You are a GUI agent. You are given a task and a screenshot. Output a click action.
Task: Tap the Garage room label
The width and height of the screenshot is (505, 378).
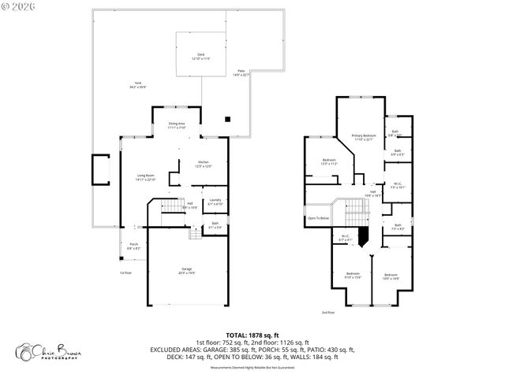click(x=186, y=270)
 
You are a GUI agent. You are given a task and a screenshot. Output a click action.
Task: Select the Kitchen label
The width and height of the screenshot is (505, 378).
click(x=204, y=164)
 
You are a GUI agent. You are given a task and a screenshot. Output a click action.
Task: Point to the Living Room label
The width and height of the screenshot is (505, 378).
click(x=146, y=177)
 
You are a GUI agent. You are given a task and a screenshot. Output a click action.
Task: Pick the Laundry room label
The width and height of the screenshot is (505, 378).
click(x=214, y=202)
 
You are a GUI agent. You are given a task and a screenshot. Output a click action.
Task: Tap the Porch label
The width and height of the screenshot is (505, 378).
click(x=133, y=246)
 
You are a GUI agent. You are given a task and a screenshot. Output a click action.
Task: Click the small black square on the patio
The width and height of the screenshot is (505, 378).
click(x=228, y=120)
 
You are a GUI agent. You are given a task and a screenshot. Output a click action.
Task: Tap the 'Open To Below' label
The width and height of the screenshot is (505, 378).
click(x=318, y=218)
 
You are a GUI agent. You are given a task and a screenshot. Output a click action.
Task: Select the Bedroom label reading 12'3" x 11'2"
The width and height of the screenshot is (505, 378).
click(x=330, y=162)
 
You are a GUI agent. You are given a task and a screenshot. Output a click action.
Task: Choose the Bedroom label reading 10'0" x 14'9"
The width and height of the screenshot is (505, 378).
click(x=391, y=276)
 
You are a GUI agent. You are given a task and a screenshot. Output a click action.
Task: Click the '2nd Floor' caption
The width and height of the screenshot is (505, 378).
click(x=327, y=313)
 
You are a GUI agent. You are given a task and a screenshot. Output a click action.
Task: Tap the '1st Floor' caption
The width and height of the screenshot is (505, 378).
click(x=125, y=272)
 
